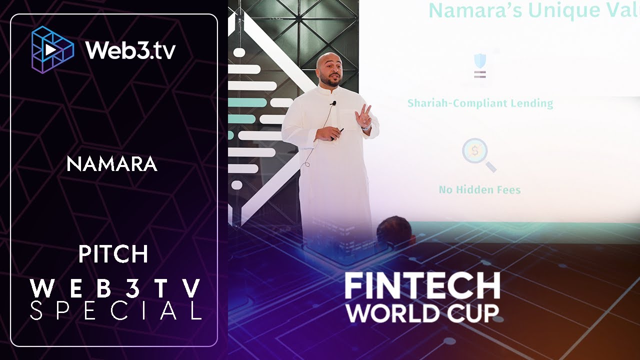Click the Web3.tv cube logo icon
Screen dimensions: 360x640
[x=52, y=49]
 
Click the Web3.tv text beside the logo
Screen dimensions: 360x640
[x=130, y=50]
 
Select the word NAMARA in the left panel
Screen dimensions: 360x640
[x=112, y=164]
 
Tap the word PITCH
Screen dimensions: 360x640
[x=113, y=254]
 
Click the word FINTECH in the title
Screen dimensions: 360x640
[x=422, y=286]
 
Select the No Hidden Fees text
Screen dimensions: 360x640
[x=479, y=190]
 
